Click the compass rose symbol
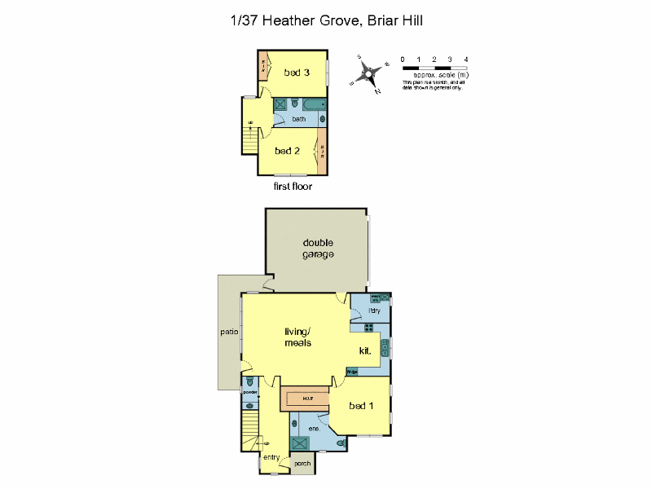[368, 73]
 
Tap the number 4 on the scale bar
[465, 59]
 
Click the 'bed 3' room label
[297, 73]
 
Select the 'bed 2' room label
[288, 151]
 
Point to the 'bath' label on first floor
[299, 119]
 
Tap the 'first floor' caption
[293, 187]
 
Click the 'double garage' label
[318, 249]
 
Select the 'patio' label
[228, 332]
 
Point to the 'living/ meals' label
[297, 337]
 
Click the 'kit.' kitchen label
[366, 350]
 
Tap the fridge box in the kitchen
[352, 372]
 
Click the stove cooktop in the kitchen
[368, 328]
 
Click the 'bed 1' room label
[361, 405]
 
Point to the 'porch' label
[302, 464]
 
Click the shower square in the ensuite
[301, 443]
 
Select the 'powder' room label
[250, 393]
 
